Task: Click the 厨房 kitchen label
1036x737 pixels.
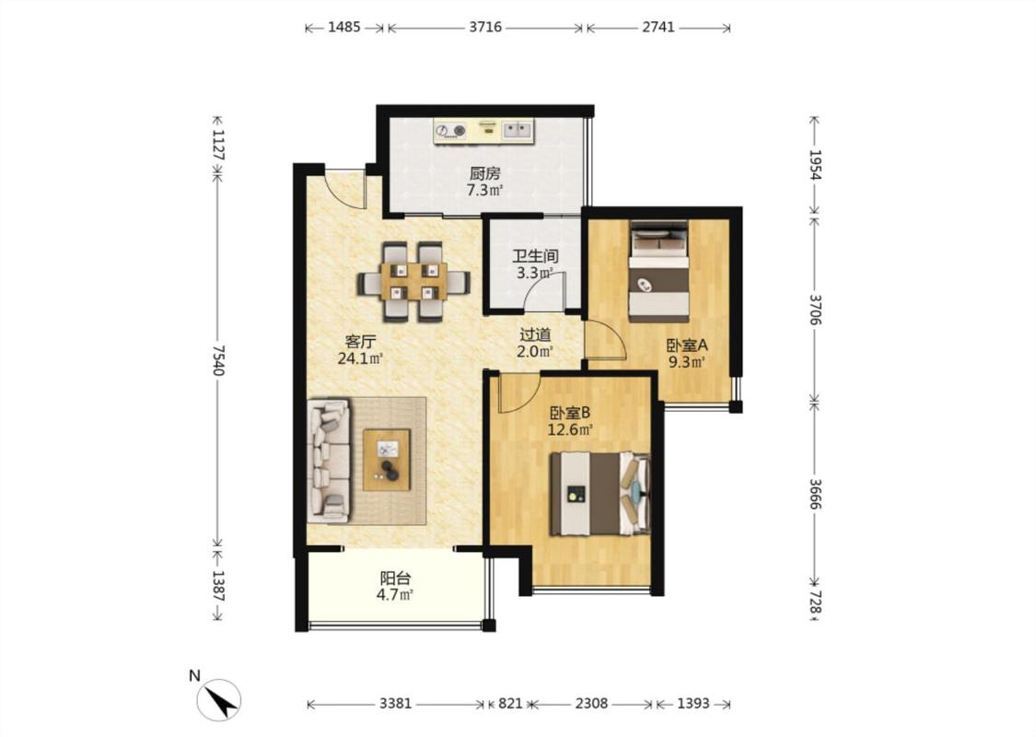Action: (485, 174)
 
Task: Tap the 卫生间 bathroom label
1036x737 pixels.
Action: (535, 256)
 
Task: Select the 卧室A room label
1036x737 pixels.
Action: (687, 345)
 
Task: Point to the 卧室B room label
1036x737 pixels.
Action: (570, 413)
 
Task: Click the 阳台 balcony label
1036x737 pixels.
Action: (395, 579)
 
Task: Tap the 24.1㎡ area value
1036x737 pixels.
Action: (361, 359)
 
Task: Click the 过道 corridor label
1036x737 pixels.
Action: (535, 335)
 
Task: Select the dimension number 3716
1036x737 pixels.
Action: (485, 27)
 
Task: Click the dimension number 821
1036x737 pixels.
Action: (510, 703)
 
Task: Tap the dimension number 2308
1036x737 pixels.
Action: (591, 703)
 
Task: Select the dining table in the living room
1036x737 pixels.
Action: (413, 282)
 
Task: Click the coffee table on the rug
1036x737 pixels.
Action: (387, 460)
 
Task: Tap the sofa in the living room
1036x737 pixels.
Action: (329, 460)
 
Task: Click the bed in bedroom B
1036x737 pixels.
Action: (600, 493)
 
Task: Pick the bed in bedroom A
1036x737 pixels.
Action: (658, 270)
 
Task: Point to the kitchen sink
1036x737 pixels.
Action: (518, 130)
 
